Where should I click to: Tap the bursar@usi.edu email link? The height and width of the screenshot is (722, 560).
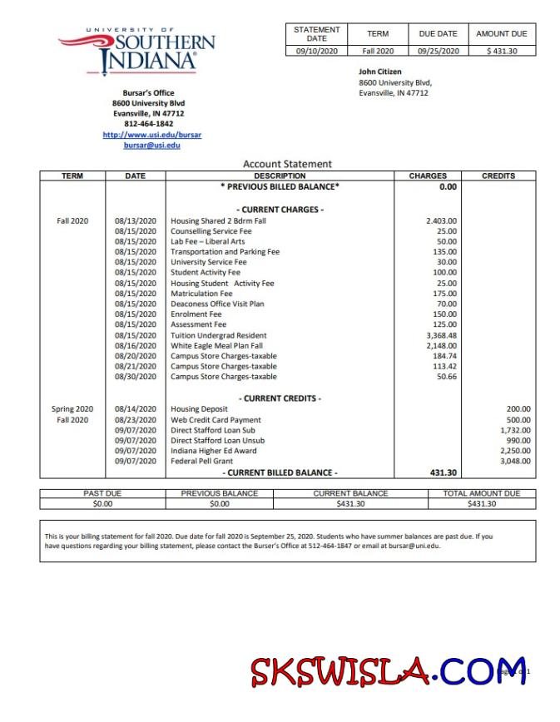pos(151,145)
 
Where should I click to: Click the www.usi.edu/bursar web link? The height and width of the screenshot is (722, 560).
pos(151,134)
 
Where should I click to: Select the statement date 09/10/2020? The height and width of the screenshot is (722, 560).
pos(316,51)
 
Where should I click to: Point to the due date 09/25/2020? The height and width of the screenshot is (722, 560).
pos(438,51)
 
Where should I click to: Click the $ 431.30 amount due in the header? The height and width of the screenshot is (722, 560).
pos(501,51)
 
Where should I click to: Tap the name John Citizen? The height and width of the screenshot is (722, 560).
pos(380,72)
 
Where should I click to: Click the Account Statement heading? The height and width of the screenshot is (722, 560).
pos(287,164)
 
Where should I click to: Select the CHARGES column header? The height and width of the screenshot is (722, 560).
pos(428,176)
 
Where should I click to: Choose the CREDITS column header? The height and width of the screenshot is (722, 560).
pos(498,176)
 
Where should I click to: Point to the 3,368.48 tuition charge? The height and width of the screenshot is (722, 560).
pos(440,335)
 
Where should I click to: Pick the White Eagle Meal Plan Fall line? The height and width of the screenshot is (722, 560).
pos(216,345)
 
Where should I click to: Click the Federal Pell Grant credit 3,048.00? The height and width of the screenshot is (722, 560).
pos(514,461)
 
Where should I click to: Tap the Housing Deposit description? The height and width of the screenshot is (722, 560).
pos(199,409)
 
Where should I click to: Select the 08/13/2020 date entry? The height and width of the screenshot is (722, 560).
pos(135,220)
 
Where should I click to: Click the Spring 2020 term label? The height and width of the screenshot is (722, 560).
pos(72,409)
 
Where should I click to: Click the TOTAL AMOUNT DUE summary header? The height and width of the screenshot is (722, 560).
pos(482,493)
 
